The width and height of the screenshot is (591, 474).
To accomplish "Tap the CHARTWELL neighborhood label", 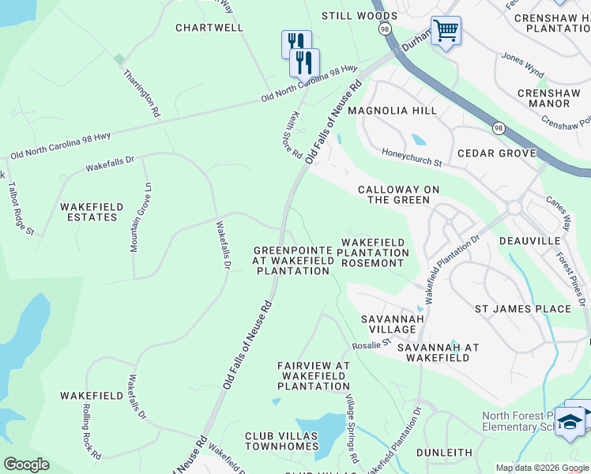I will pyautogui.click(x=209, y=28).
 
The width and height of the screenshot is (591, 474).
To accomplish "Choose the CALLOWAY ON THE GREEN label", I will pyautogui.click(x=393, y=195).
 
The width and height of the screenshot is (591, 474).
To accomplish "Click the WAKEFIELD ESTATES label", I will pyautogui.click(x=92, y=212).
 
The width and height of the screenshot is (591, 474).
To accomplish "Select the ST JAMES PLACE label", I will pyautogui.click(x=522, y=309).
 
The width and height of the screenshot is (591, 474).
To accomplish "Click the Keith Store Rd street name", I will pyautogui.click(x=293, y=134).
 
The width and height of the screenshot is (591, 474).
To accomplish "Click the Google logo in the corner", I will pyautogui.click(x=26, y=465).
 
